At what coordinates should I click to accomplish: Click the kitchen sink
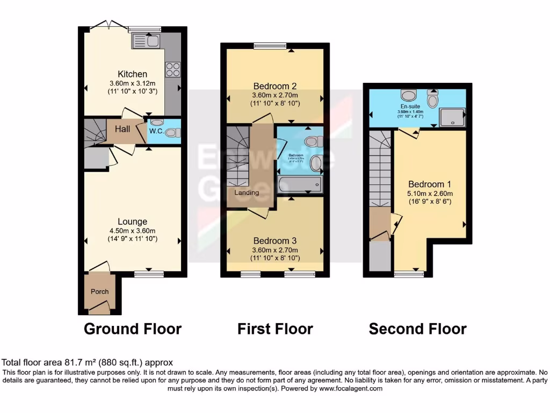click(x=143, y=40)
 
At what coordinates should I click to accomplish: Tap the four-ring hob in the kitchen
click(x=172, y=69)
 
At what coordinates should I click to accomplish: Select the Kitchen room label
click(x=133, y=74)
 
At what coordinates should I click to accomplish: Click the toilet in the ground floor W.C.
click(x=171, y=132)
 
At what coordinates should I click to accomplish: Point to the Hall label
click(x=122, y=129)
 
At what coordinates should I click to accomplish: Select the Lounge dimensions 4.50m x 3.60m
click(x=133, y=231)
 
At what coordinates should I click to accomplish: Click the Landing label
click(x=247, y=193)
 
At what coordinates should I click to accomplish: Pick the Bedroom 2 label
click(x=275, y=86)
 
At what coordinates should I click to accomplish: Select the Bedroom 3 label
click(x=275, y=240)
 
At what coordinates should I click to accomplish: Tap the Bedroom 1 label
click(x=430, y=184)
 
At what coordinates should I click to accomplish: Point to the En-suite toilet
click(x=433, y=99)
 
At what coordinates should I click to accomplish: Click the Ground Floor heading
click(x=133, y=329)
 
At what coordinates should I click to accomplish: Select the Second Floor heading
click(x=417, y=329)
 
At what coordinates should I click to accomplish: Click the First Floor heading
click(x=275, y=329)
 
